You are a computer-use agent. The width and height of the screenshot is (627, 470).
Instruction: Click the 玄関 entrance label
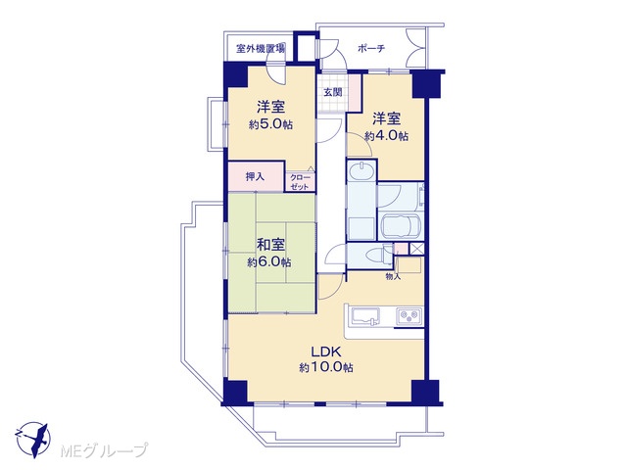[333, 92]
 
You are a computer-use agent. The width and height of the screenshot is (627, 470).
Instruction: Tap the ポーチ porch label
[371, 49]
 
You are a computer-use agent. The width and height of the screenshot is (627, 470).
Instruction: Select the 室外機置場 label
[261, 49]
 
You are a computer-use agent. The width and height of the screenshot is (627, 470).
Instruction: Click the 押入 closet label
[255, 176]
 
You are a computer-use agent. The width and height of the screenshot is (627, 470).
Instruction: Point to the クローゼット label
[300, 182]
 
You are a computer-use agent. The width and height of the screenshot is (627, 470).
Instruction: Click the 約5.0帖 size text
[270, 124]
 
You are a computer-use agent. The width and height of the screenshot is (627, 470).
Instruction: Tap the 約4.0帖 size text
[386, 136]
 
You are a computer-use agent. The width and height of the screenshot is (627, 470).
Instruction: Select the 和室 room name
[270, 244]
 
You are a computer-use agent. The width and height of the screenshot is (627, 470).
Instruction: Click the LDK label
[326, 352]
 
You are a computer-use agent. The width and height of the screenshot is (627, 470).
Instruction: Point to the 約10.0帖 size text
[326, 368]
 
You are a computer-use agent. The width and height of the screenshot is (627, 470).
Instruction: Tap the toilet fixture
[379, 255]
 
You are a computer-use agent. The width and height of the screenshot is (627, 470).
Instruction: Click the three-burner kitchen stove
[410, 315]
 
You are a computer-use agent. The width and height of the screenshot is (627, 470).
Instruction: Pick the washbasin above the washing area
[362, 171]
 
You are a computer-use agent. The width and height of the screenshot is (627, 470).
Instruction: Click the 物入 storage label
[393, 276]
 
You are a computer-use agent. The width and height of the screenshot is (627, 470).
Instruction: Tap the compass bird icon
[32, 440]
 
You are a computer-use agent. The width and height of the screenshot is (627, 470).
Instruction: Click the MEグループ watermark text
[104, 450]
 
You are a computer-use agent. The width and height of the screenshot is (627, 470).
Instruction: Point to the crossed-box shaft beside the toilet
[416, 249]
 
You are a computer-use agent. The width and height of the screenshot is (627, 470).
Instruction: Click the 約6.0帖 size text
[269, 262]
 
